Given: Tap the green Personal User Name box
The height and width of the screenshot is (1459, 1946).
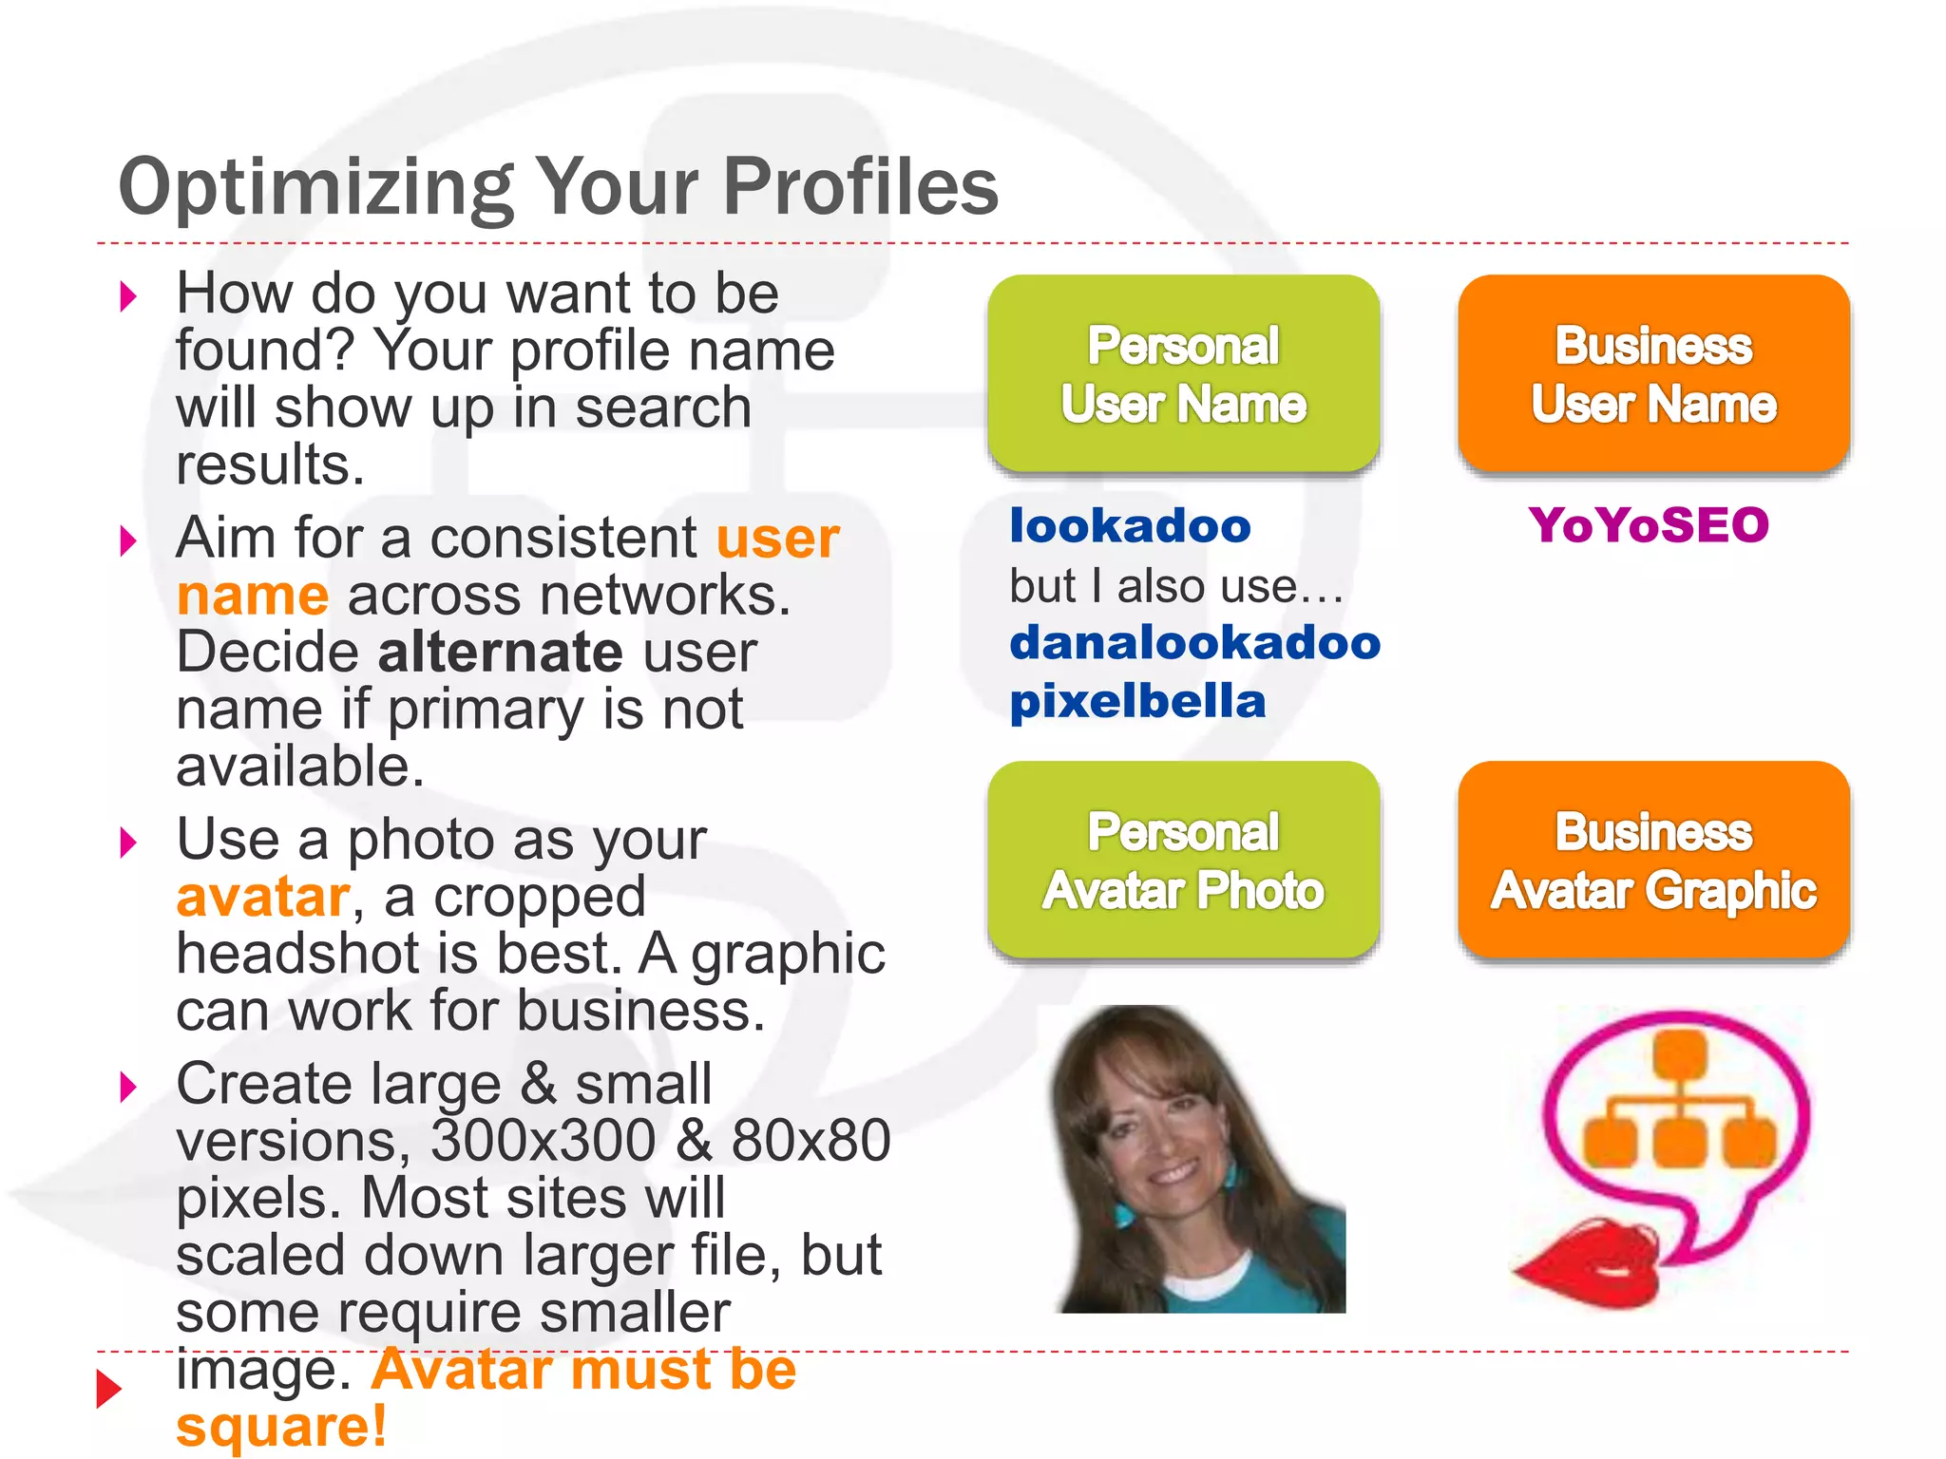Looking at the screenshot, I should pyautogui.click(x=1183, y=374).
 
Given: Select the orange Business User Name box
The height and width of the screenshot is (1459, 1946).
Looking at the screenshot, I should pyautogui.click(x=1653, y=374).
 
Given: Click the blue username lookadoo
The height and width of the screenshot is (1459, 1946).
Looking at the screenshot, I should pyautogui.click(x=1130, y=525).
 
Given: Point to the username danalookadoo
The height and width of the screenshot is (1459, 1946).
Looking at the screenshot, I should pyautogui.click(x=1194, y=643).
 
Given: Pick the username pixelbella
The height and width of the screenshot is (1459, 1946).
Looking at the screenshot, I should pyautogui.click(x=1137, y=702).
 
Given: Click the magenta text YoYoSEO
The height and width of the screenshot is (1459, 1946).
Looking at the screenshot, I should pyautogui.click(x=1649, y=525).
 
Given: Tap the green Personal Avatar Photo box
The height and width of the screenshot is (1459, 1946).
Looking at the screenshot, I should pyautogui.click(x=1183, y=861).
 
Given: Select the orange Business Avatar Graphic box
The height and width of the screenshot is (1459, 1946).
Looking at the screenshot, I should pyautogui.click(x=1653, y=861).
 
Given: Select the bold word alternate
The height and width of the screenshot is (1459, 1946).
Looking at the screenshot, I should pyautogui.click(x=500, y=653).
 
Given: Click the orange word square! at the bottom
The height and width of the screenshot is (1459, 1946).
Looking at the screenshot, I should pyautogui.click(x=281, y=1427).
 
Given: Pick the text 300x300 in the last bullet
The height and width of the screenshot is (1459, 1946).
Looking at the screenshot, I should pyautogui.click(x=543, y=1141).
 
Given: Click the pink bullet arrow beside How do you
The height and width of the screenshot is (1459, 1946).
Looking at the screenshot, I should pyautogui.click(x=128, y=296).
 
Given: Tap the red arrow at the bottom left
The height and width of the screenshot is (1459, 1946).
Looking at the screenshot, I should pyautogui.click(x=110, y=1389).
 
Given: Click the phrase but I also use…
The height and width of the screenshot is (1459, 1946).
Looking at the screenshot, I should pyautogui.click(x=1175, y=586).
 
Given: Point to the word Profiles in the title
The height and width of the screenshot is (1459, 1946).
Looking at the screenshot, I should pyautogui.click(x=861, y=187).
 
